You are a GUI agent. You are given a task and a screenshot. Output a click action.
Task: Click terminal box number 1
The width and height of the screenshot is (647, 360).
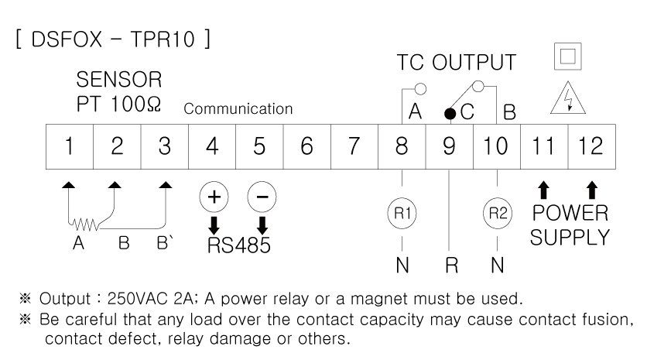(70, 146)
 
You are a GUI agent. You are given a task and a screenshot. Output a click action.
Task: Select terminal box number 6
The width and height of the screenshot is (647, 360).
(306, 146)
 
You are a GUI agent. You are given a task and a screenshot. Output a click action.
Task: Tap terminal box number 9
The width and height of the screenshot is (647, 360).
(449, 146)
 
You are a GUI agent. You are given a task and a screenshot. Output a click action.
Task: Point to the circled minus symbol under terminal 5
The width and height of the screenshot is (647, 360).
(262, 197)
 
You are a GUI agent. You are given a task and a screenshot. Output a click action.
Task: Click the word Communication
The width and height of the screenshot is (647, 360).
(238, 109)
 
